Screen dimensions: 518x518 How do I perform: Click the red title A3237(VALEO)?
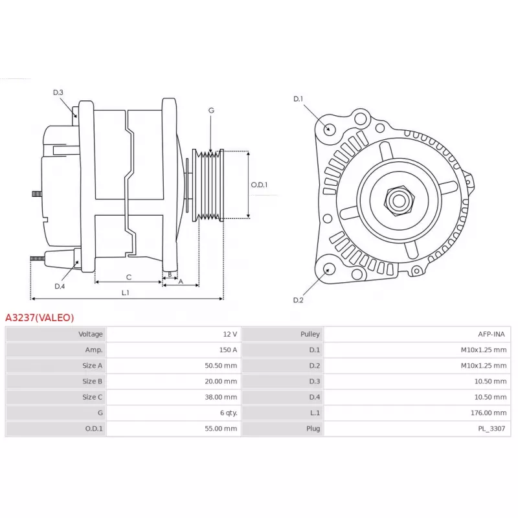pos(39,317)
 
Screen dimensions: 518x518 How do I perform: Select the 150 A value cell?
pos(228,350)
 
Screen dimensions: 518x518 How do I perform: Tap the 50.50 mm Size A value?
pos(221,365)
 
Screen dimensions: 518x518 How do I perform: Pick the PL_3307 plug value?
pos(491,429)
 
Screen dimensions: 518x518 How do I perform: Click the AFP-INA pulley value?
pos(491,334)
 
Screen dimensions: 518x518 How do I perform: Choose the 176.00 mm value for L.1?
pos(489,412)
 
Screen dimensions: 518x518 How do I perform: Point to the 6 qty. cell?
pos(229,412)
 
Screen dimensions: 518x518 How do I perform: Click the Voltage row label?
pos(91,334)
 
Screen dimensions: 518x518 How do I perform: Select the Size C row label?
pos(92,397)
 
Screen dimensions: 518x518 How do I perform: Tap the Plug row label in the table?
pos(313,429)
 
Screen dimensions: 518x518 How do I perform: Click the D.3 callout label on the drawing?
pos(58,93)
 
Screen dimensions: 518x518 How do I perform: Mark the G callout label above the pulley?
pos(212,110)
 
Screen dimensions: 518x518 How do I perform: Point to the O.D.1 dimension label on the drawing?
pos(259,185)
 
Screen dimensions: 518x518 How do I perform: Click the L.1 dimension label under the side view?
pos(125,293)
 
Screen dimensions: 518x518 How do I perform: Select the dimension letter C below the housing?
pos(129,277)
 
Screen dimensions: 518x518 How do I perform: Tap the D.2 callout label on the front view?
pos(298,300)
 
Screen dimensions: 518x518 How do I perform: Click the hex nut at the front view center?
pos(399,201)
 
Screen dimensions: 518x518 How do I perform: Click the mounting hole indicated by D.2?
pos(328,269)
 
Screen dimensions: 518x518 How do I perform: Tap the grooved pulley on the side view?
pos(208,185)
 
